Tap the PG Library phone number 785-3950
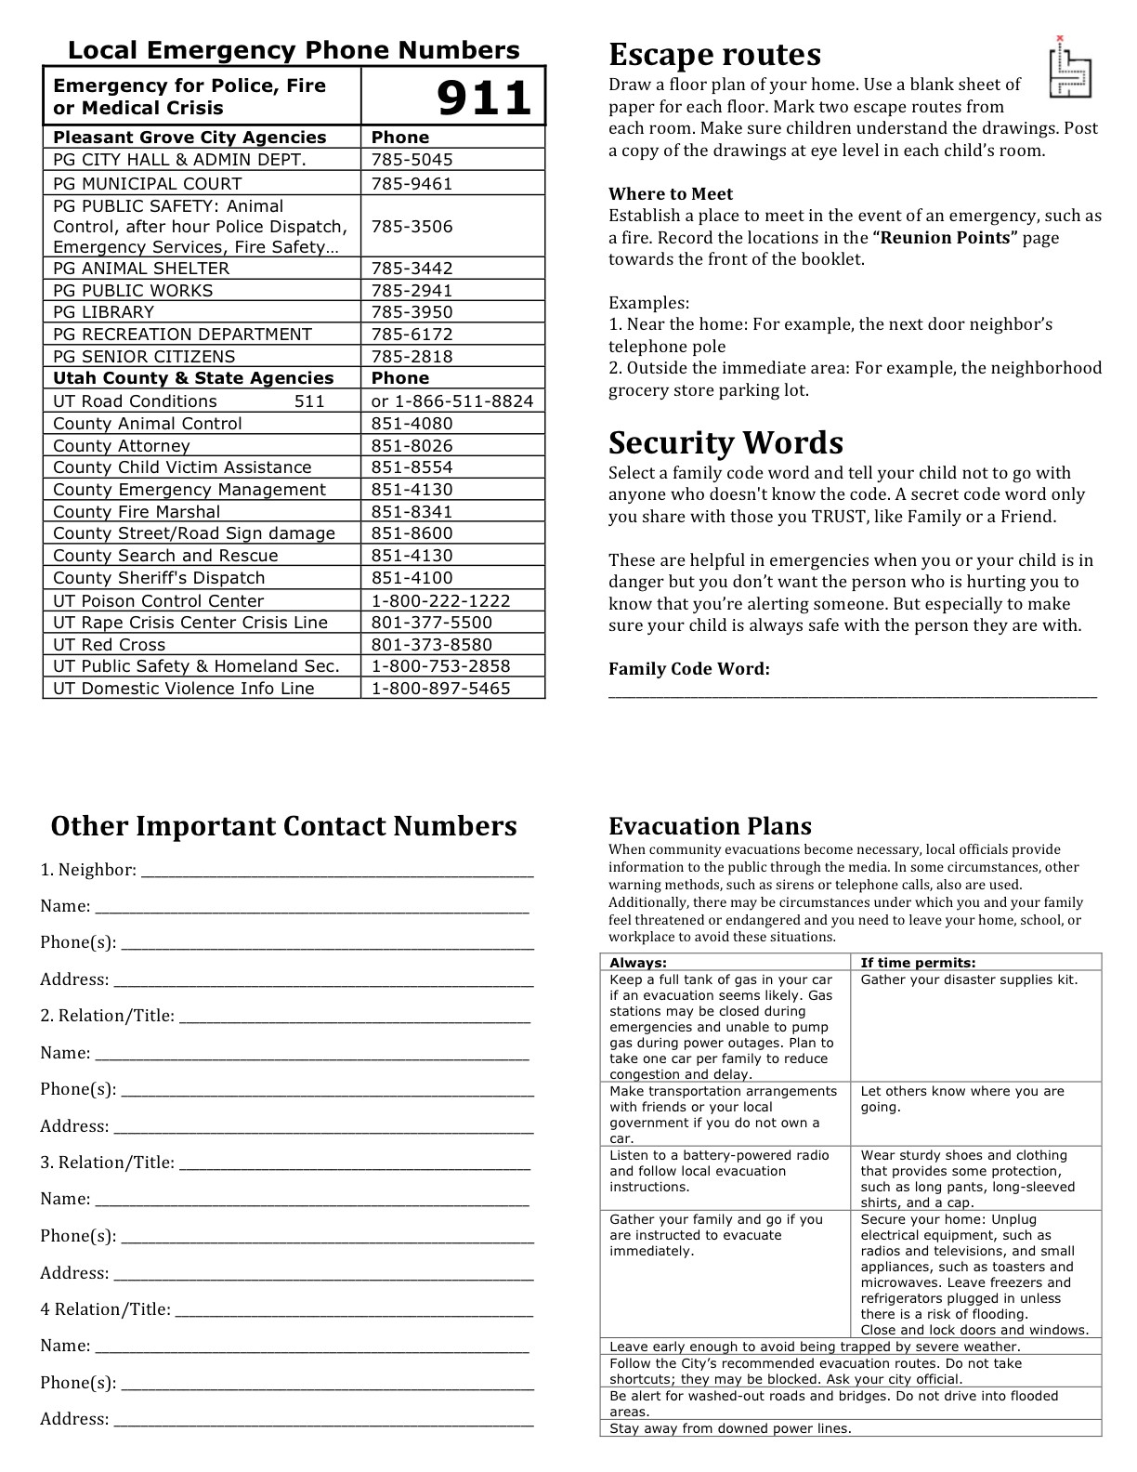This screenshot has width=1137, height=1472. pos(412,312)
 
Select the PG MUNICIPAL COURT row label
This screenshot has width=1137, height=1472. pos(147,184)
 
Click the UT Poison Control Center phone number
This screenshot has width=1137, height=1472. pos(440,601)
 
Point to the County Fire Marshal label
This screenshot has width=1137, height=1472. pos(137,512)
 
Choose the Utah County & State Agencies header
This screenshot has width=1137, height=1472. pos(193,378)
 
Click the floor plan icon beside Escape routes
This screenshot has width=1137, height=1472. pos(1069,67)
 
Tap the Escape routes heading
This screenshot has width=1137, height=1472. pos(714,55)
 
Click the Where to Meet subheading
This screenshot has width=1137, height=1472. pos(670,194)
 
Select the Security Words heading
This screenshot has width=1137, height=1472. pos(725,442)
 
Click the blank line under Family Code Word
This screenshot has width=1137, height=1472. pos(852,692)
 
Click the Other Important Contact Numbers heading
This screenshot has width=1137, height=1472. pos(283,826)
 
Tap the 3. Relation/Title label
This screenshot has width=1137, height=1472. pos(107,1163)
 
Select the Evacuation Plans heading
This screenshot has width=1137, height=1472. pos(710,826)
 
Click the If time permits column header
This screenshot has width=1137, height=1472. pos(918,963)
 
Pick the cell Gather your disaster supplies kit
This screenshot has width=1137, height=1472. pos(969,979)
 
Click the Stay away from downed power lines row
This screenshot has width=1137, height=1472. pos(730,1428)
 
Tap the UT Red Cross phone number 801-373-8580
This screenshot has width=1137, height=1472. pos(431,645)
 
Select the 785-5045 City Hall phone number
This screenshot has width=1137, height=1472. pos(412,160)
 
